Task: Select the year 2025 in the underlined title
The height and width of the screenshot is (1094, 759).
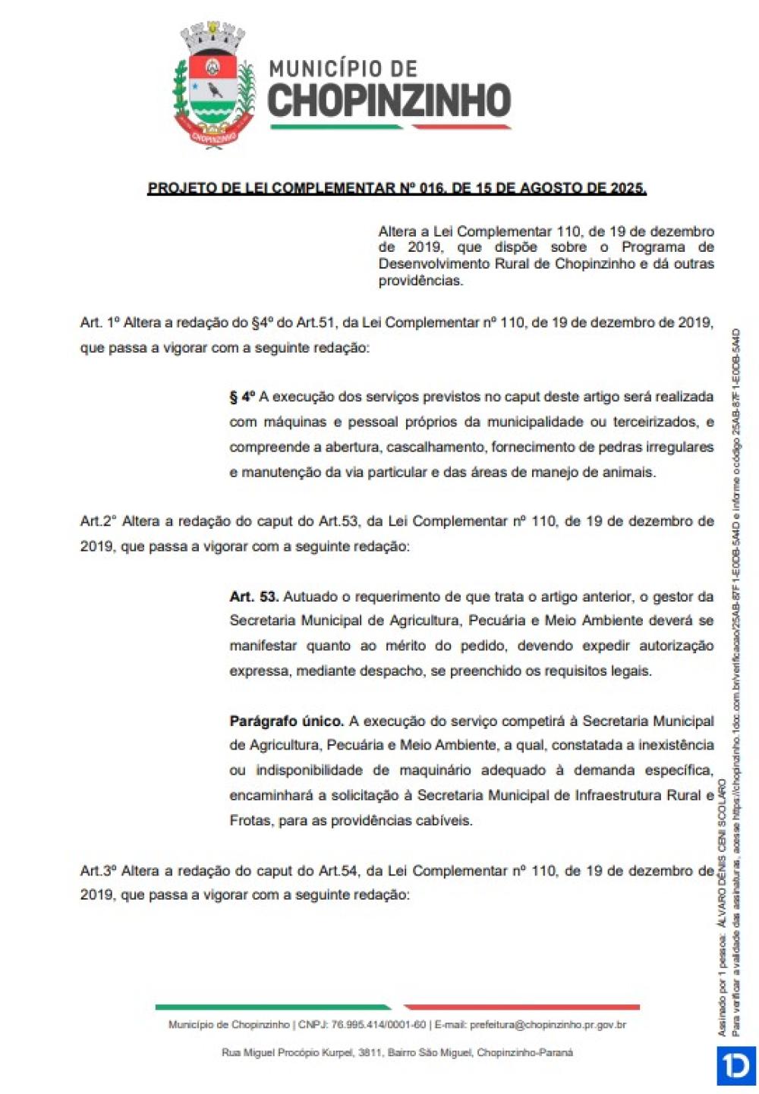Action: click(626, 187)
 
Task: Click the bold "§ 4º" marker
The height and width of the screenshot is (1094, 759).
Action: click(242, 397)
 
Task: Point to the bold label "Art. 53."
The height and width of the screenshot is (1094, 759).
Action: click(254, 596)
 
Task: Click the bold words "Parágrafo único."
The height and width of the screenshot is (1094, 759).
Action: click(286, 721)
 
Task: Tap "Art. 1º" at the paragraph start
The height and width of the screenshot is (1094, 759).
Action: click(99, 322)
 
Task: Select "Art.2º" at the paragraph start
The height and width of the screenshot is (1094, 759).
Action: click(99, 521)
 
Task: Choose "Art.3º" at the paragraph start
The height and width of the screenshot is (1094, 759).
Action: click(99, 871)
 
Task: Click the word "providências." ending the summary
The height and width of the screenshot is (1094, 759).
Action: click(420, 281)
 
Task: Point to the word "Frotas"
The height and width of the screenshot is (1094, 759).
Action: click(250, 820)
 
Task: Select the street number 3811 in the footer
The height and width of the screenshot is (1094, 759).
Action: click(370, 1052)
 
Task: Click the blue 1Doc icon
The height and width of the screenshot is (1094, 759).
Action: click(735, 1066)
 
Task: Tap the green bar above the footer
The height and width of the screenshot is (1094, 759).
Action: click(273, 1008)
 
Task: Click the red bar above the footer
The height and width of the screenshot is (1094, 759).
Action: click(522, 1008)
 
